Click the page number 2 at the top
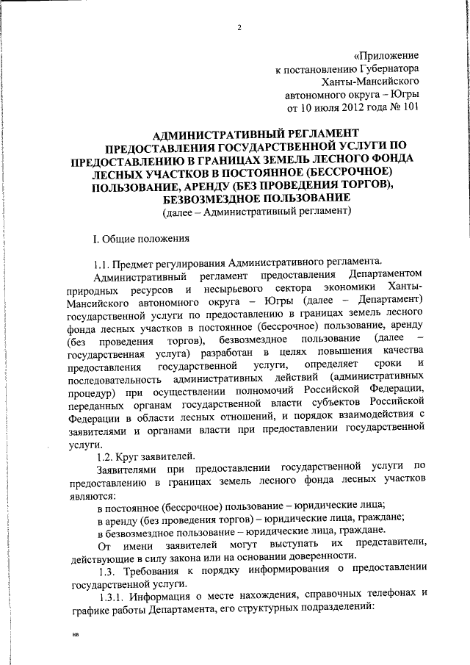click(x=239, y=29)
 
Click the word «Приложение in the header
click(x=386, y=55)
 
